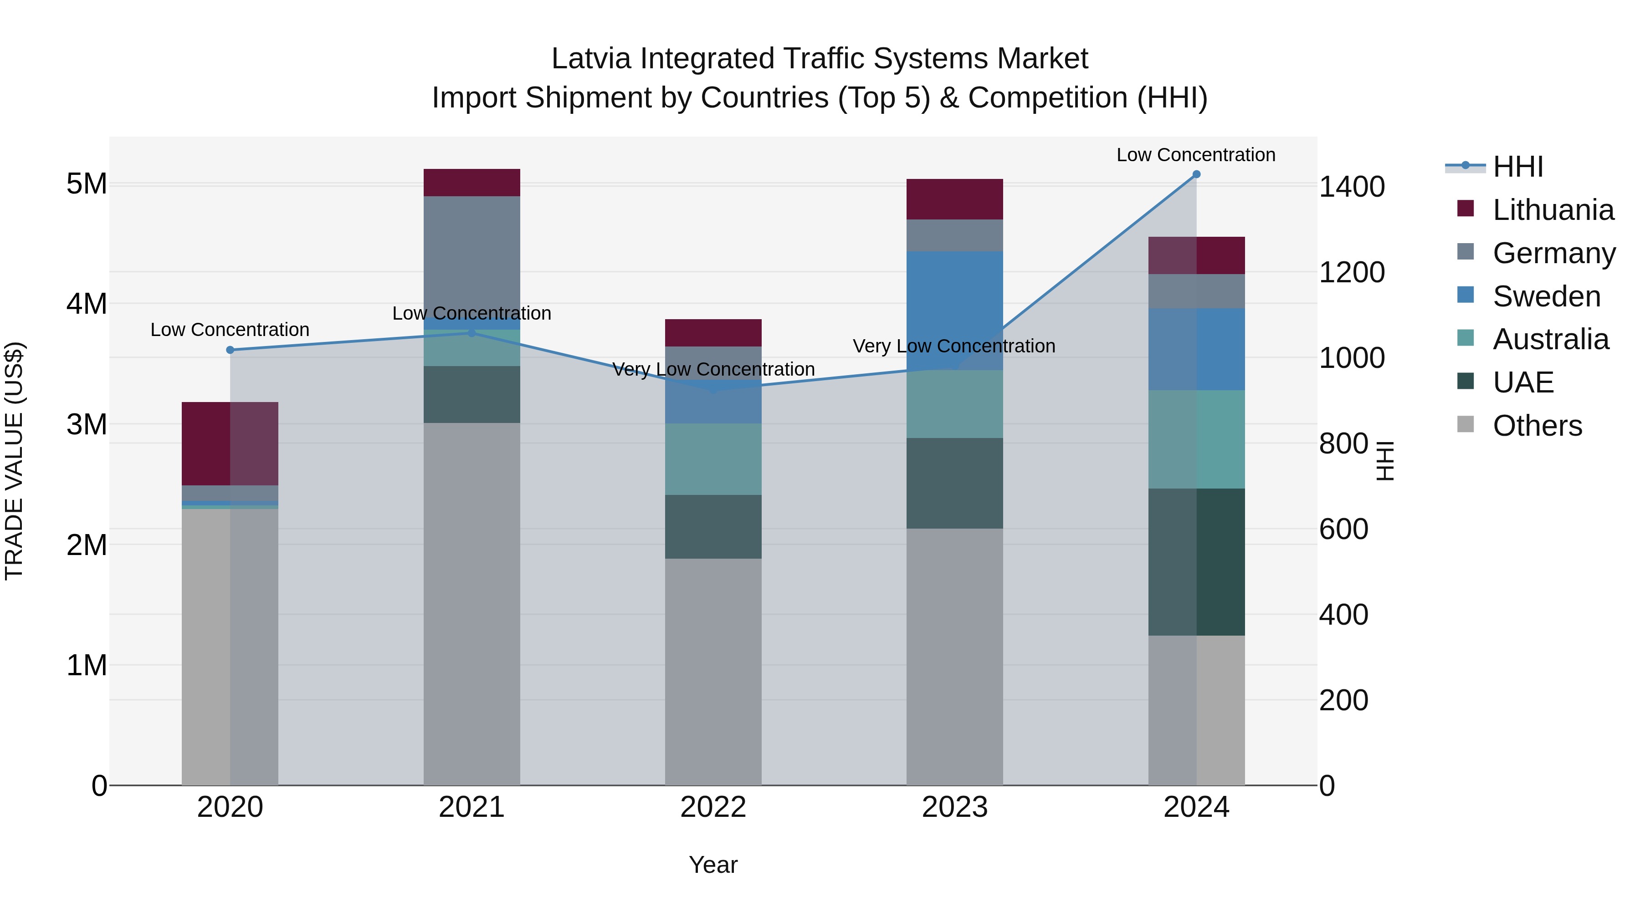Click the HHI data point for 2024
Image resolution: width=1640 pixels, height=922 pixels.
1196,174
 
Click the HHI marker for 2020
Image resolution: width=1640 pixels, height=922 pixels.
231,350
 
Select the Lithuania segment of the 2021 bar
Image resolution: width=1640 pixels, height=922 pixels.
472,183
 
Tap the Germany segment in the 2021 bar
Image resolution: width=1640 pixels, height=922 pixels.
472,255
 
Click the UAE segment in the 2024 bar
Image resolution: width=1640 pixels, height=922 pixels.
1196,562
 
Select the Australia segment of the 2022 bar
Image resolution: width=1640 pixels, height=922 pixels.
713,459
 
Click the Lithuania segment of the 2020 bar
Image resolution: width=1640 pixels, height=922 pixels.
230,443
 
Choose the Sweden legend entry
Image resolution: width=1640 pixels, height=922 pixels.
1546,296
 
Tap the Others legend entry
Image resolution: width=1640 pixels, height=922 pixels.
1537,426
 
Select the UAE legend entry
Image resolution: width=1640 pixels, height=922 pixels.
1523,382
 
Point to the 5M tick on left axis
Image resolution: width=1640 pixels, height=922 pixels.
87,184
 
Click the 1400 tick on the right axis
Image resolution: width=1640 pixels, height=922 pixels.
1351,187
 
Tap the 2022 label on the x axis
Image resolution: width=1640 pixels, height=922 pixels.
713,807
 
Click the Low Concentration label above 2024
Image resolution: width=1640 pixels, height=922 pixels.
1196,155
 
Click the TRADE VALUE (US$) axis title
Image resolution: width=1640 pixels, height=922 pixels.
14,461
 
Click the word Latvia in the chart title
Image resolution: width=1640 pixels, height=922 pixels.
591,59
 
